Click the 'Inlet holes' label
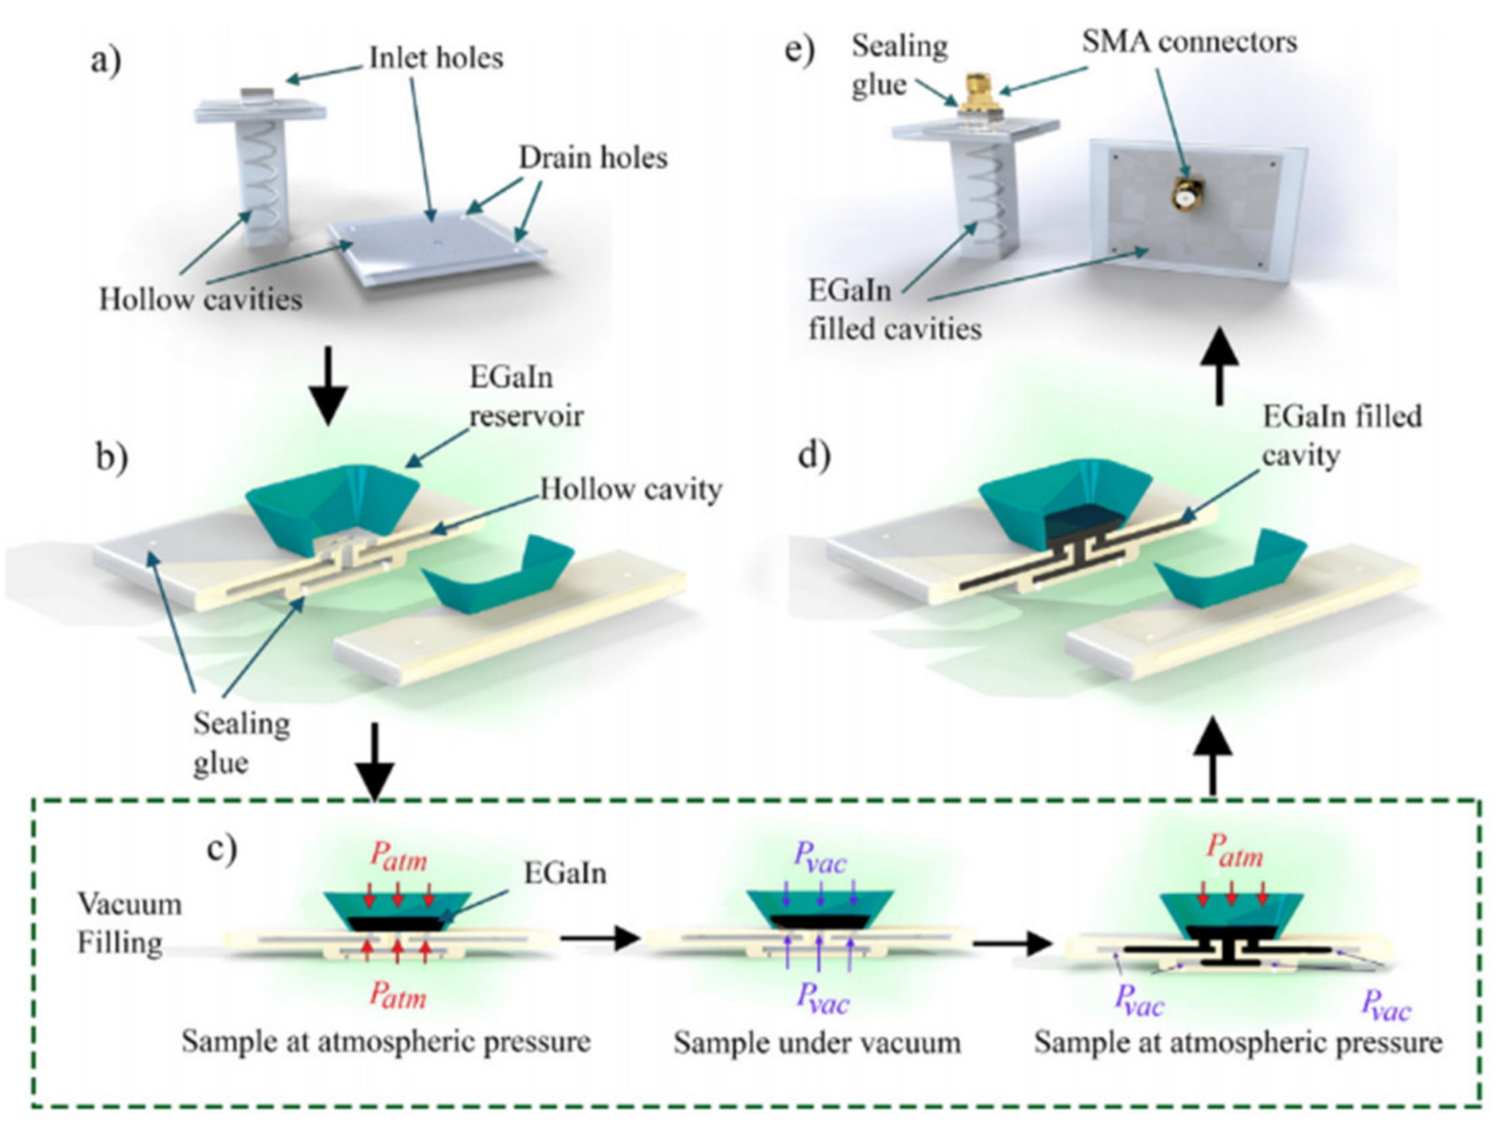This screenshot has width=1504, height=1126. [435, 58]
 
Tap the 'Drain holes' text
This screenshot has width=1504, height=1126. [593, 158]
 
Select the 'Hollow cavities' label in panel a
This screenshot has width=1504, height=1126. [201, 299]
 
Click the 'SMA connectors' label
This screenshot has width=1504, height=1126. [1189, 42]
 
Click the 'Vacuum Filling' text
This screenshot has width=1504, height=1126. [128, 923]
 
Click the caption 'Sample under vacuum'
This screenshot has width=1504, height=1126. [817, 1042]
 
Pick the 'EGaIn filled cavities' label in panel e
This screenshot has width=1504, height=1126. [894, 310]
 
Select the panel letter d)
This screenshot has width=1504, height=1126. [813, 456]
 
